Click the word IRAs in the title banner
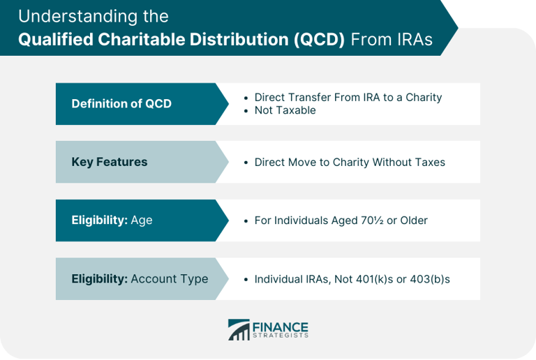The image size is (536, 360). [x=408, y=39]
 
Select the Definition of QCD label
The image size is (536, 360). [x=121, y=104]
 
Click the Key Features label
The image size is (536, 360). [x=110, y=162]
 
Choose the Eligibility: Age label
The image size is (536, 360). [x=112, y=220]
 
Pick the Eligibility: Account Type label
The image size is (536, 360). [x=140, y=278]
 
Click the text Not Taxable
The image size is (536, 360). [x=285, y=110]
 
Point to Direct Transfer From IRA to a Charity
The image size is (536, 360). [x=348, y=98]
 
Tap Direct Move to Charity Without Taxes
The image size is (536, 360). [x=349, y=162]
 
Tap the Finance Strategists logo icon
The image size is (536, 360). [x=239, y=329]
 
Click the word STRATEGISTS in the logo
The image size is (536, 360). [x=281, y=336]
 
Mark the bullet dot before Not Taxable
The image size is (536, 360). [x=246, y=110]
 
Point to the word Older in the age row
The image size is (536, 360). [x=413, y=220]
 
